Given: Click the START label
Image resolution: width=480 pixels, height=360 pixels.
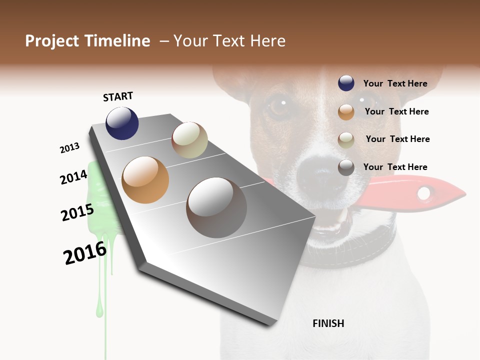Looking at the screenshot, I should tap(118, 96).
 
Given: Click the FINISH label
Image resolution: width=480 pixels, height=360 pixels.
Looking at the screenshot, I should tap(328, 323).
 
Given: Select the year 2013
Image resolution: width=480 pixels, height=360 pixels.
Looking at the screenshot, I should tap(69, 148).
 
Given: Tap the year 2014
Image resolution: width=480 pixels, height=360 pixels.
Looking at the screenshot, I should tap(73, 177).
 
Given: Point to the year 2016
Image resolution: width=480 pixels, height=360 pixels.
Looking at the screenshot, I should tap(85, 253).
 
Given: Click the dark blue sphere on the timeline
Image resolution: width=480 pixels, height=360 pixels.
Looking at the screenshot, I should tap(122, 123).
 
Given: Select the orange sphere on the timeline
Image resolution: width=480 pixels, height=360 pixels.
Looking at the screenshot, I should tap(145, 180).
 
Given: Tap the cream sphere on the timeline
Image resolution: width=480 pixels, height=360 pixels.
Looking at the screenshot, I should tap(189, 140).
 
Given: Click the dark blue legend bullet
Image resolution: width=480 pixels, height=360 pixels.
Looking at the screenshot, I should tap(346, 83).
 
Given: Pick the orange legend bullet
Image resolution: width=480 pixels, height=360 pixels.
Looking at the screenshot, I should tap(346, 112).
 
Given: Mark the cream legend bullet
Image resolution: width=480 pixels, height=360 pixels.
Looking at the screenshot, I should tap(346, 140).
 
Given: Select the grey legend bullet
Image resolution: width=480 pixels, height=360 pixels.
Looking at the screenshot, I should tap(346, 167).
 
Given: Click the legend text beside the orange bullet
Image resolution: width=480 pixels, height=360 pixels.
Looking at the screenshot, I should tap(396, 111).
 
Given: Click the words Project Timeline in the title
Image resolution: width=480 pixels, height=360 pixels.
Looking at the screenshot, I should tap(87, 41).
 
